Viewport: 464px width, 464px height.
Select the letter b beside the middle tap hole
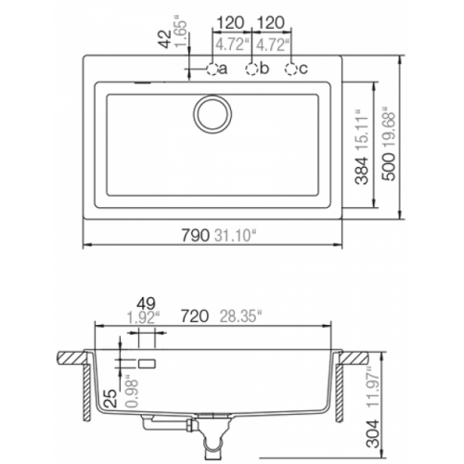click(264, 69)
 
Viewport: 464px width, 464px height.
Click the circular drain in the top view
click(213, 115)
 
